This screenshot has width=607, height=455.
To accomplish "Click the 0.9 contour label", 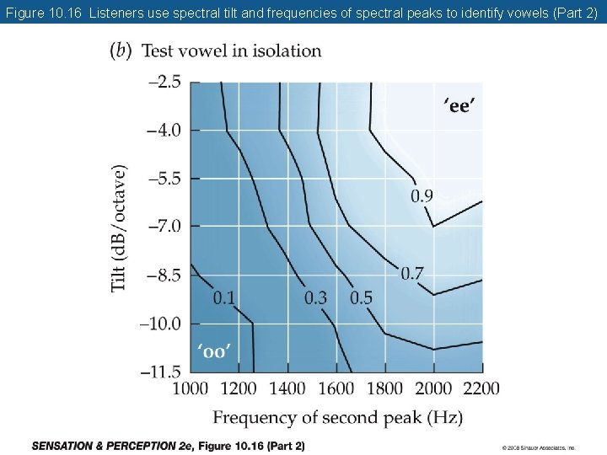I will click(422, 196).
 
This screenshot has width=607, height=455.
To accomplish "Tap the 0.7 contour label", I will click(412, 273).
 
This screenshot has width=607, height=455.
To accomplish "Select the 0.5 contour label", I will click(361, 297).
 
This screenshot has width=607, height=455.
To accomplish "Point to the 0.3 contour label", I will click(315, 297).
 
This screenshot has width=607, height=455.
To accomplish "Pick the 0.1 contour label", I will click(223, 297).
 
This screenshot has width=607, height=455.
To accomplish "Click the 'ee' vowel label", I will click(459, 106).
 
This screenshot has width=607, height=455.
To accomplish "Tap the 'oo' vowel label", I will click(213, 351).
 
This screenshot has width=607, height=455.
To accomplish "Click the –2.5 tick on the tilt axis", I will click(164, 82).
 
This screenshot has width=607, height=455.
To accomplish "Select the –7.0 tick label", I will click(164, 226).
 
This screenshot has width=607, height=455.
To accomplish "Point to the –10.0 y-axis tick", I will click(161, 323).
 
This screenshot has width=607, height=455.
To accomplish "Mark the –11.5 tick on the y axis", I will click(161, 371).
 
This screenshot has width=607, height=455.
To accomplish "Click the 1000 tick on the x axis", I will click(191, 388).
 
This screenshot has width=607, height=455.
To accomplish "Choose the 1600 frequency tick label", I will click(336, 388).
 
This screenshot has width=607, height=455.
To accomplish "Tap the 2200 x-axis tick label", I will click(481, 388).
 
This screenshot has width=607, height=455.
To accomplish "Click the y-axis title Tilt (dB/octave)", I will click(121, 227).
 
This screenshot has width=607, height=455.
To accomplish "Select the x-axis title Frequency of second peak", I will click(337, 418).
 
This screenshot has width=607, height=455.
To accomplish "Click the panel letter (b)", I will click(121, 51).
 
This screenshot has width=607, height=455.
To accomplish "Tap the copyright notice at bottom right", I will click(538, 447).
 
